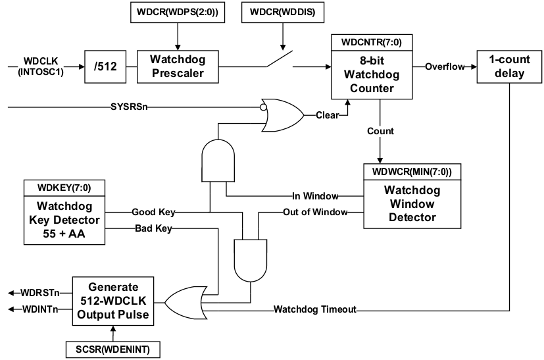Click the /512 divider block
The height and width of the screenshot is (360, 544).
(x=105, y=66)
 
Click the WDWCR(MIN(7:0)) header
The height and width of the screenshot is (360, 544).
(x=412, y=172)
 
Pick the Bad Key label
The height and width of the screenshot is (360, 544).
(x=153, y=228)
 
